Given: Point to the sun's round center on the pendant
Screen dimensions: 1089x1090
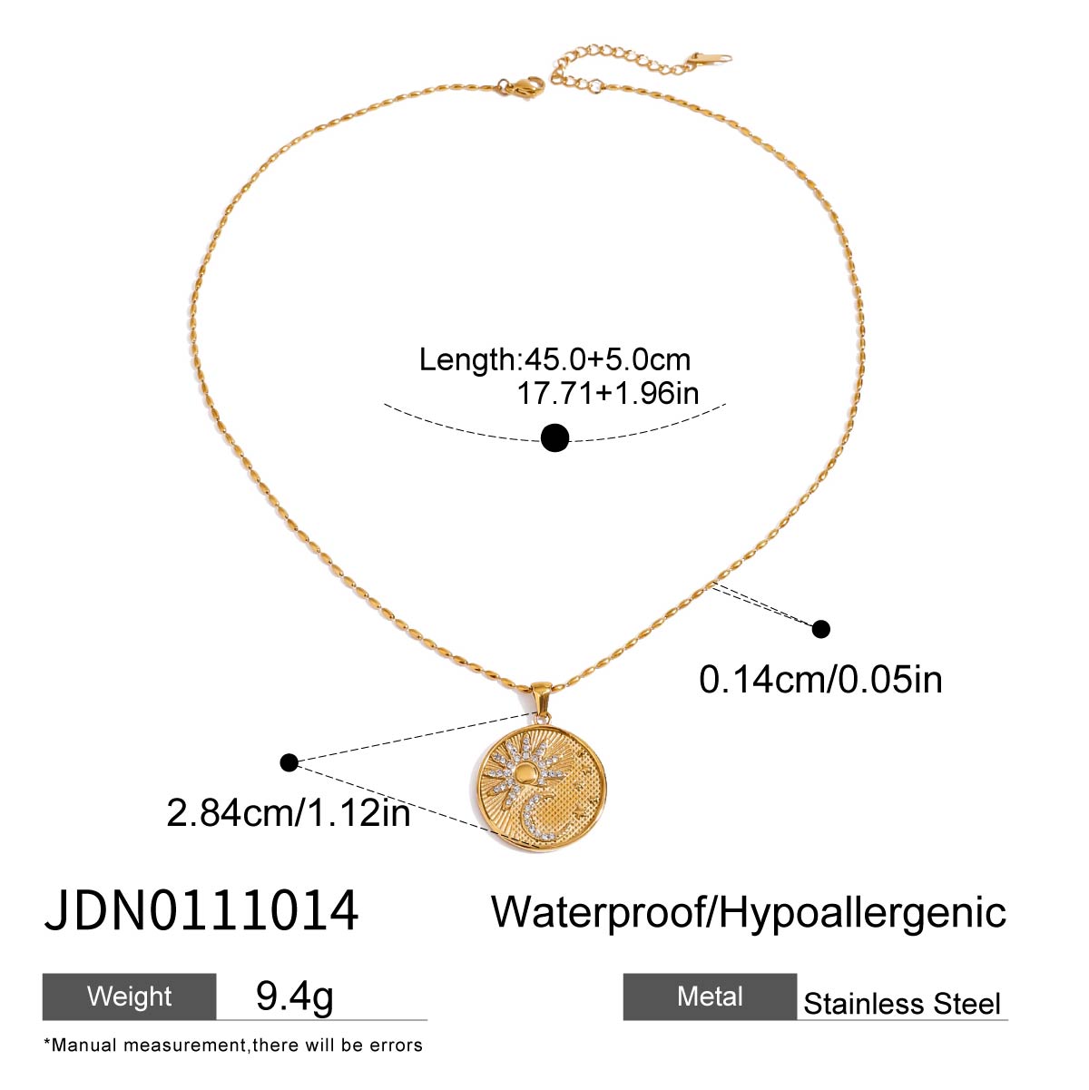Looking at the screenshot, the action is [526, 773].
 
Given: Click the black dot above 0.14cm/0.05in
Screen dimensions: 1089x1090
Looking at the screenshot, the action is [820, 629].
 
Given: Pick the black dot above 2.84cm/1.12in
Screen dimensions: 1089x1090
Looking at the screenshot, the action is [289, 762].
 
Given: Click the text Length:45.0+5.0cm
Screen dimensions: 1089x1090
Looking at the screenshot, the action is [554, 359].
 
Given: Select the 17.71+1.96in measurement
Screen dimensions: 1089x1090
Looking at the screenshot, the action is [608, 393].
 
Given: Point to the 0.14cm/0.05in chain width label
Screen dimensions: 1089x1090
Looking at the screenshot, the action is [820, 680].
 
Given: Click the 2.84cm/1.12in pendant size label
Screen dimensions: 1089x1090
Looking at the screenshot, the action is [288, 813].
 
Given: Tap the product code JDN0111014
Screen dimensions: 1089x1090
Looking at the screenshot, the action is [201, 912].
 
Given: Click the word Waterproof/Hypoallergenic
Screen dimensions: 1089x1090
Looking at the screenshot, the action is [749, 914].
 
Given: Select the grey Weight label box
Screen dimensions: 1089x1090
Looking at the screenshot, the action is [129, 997].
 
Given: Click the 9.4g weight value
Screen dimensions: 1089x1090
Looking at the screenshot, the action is [294, 997].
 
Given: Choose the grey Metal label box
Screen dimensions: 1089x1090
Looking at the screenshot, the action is [710, 997].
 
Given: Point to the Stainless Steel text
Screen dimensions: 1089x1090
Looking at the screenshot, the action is [902, 1004].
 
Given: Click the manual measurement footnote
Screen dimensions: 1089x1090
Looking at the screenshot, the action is [233, 1046].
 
